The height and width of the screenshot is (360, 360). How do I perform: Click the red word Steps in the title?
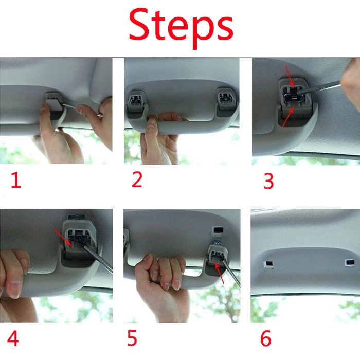pos(181,27)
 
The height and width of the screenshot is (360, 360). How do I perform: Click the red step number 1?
pos(16,180)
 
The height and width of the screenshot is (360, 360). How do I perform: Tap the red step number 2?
pos(137,179)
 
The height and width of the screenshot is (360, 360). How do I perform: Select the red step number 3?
pos(268,181)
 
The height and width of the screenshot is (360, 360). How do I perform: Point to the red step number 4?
pos(13,338)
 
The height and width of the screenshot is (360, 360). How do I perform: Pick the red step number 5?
pos(132,337)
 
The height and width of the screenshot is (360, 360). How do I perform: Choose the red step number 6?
pos(266,338)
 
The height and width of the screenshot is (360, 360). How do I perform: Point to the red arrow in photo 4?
pos(63,238)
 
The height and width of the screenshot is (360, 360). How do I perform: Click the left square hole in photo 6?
pos(268,265)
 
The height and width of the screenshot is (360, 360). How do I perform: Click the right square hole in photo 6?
pos(349,263)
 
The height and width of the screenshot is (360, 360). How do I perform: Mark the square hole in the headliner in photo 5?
pos(218,231)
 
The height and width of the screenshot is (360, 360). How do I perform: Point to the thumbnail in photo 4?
pos(13,289)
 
